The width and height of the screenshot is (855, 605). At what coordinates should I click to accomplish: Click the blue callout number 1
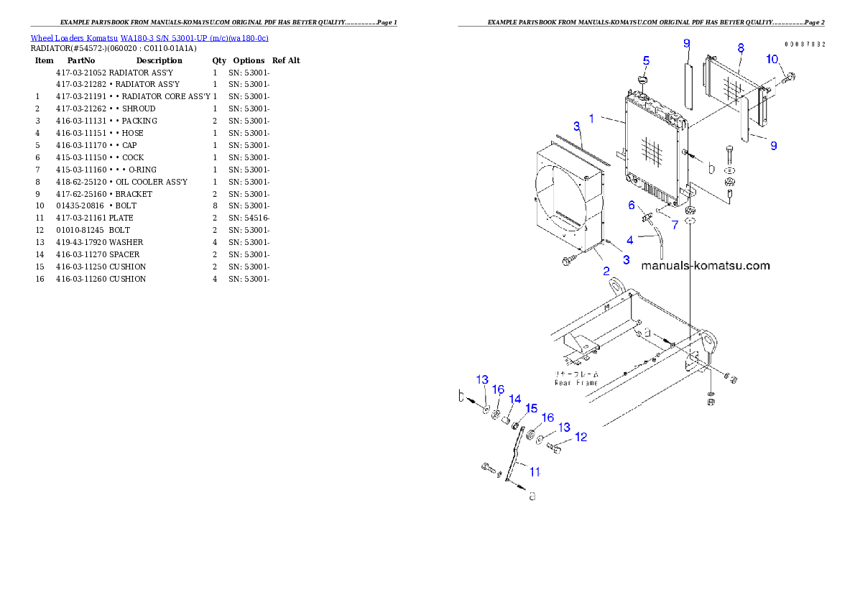pos(592,117)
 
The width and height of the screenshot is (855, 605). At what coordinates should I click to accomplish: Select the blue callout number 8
pos(740,48)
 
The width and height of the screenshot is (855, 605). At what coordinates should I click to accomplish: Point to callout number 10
pos(771,59)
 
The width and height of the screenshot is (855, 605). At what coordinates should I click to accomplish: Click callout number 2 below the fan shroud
pos(606,271)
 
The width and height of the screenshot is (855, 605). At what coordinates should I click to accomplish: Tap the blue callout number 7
pos(674,225)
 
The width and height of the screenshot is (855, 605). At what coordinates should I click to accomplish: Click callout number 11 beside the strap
pos(535,471)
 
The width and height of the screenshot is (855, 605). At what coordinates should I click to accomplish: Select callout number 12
pos(581,436)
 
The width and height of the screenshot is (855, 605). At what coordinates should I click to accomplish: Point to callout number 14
pos(514,399)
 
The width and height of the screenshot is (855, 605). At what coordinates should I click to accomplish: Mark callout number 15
pos(531,408)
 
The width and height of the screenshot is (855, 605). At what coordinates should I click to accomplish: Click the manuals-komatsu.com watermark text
pos(705,266)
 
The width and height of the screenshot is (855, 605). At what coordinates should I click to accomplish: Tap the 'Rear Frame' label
pos(576,383)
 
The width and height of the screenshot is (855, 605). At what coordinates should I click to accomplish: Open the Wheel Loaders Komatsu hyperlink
pos(149,38)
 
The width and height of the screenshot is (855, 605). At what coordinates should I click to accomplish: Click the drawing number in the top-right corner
pos(804,44)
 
